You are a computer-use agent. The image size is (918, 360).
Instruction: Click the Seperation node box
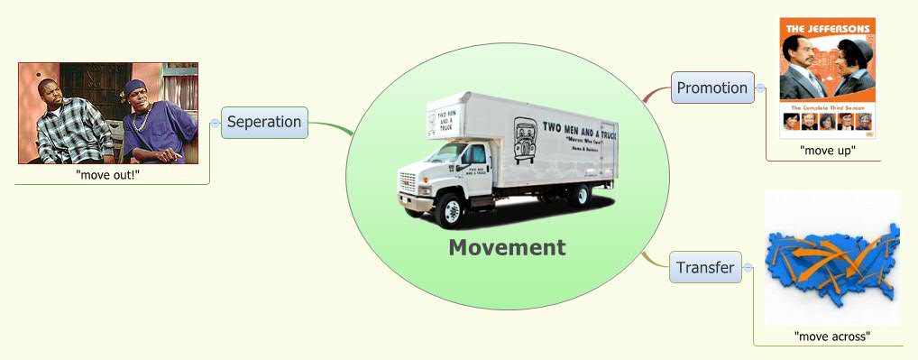(264, 122)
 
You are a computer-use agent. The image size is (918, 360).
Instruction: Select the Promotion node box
(712, 88)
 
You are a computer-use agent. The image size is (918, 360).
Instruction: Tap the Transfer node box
(705, 267)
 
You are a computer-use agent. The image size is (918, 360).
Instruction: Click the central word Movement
(508, 247)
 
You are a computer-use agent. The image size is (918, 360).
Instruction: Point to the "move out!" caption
(108, 174)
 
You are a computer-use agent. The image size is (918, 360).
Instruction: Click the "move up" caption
(827, 151)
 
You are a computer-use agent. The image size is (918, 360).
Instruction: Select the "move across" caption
(831, 336)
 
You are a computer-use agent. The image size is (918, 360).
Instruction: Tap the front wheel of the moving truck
(450, 212)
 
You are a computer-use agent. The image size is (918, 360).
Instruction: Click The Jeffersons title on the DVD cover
(828, 29)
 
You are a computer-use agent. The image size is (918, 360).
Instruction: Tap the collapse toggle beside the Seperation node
(215, 122)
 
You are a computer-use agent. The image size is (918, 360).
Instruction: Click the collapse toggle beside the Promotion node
(761, 88)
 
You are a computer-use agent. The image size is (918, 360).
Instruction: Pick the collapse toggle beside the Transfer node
(748, 267)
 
